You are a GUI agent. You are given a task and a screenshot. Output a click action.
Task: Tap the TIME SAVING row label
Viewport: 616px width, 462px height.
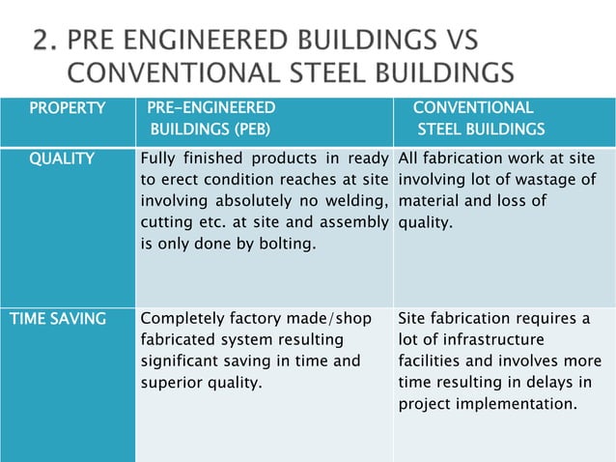click(x=58, y=318)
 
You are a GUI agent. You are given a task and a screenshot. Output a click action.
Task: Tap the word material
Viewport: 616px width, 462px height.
click(x=427, y=201)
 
